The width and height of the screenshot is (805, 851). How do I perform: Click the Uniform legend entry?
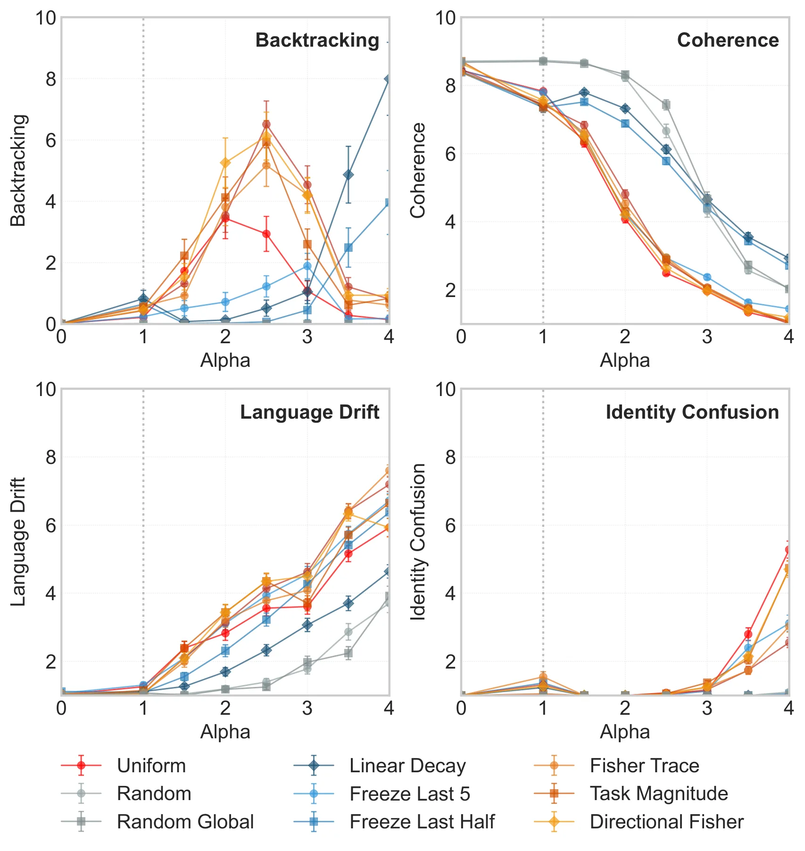[124, 766]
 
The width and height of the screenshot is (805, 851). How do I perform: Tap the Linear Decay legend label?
[407, 766]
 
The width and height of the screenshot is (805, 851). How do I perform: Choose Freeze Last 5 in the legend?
[382, 794]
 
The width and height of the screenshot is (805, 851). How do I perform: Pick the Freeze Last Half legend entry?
[394, 822]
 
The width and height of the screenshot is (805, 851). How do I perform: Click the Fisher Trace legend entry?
[617, 766]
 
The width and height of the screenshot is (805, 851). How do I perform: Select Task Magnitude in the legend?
[631, 794]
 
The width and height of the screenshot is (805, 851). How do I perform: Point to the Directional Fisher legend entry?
[639, 822]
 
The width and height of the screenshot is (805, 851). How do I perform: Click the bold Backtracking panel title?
[317, 41]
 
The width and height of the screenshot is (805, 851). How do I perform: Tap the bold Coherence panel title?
[728, 41]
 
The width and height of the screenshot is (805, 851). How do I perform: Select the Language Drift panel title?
[309, 413]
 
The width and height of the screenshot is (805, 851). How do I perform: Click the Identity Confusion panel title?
[692, 413]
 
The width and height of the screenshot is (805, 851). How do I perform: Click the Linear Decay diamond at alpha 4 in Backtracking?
[388, 79]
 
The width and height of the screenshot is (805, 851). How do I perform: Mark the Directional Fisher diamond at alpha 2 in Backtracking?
[225, 163]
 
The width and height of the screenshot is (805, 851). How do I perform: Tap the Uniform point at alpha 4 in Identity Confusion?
[788, 550]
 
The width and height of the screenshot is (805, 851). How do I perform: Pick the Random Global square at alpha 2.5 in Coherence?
[666, 105]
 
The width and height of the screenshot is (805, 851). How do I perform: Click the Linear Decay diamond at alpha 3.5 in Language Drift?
[348, 603]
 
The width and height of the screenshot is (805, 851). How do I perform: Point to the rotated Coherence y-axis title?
[418, 170]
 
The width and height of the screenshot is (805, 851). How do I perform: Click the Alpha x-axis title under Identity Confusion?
[625, 732]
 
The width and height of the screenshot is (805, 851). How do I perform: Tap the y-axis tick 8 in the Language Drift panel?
[51, 457]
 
